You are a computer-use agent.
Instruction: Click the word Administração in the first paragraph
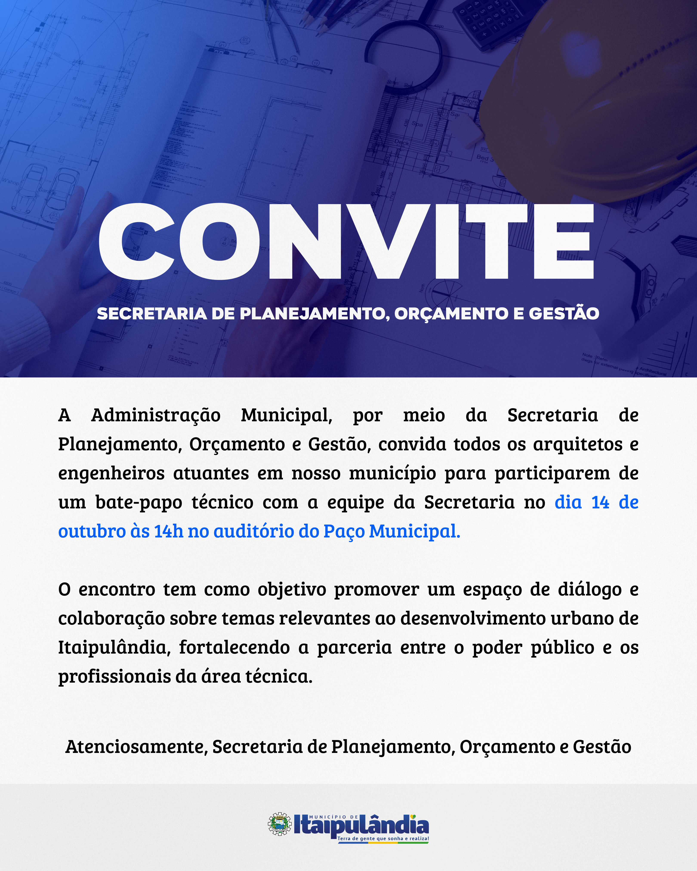coord(156,415)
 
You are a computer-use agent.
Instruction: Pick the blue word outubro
coord(92,531)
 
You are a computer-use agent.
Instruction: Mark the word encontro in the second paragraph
coord(117,589)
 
